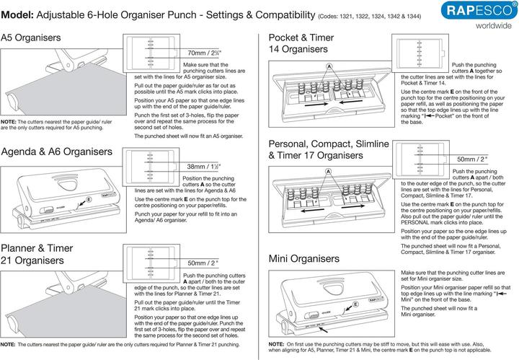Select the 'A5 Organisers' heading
[x=31, y=37]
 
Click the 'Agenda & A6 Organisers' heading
[x=57, y=152]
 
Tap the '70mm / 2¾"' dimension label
[x=204, y=53]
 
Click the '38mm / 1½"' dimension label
[x=203, y=167]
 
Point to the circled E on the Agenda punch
[x=88, y=198]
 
